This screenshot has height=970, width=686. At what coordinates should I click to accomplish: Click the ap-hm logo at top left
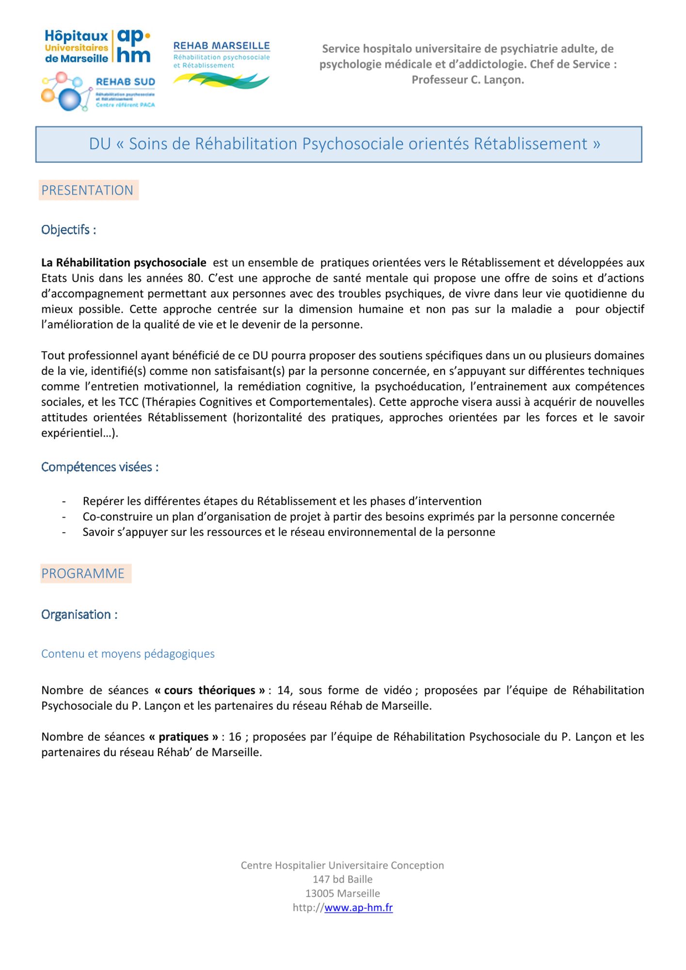[97, 46]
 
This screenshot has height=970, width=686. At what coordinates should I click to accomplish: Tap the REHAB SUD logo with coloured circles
[99, 91]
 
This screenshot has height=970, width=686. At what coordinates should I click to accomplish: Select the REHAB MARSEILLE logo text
[222, 46]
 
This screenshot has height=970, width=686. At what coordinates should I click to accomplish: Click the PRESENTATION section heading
[87, 190]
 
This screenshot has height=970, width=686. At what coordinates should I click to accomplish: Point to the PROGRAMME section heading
[83, 573]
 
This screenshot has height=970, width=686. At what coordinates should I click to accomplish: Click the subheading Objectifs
[68, 230]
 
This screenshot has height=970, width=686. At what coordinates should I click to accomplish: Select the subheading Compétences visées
[100, 467]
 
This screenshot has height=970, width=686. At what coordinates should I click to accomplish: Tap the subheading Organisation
[79, 614]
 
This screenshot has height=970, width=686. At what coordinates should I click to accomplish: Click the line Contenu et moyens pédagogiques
[128, 654]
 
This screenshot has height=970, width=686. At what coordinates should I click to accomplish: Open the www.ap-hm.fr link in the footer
[358, 908]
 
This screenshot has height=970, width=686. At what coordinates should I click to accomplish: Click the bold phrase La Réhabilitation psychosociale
[124, 263]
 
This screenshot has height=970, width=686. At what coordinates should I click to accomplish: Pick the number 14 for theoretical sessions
[283, 690]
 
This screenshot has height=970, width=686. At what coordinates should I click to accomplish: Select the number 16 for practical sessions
[235, 737]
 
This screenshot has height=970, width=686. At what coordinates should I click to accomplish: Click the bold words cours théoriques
[210, 690]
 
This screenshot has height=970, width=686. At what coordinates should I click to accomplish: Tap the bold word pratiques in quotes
[184, 737]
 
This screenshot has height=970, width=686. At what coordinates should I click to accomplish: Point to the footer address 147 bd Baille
[343, 879]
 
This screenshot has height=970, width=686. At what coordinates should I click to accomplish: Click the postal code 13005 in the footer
[319, 893]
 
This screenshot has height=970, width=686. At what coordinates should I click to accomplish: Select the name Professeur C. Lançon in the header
[468, 80]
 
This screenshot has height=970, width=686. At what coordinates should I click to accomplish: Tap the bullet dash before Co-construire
[64, 517]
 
